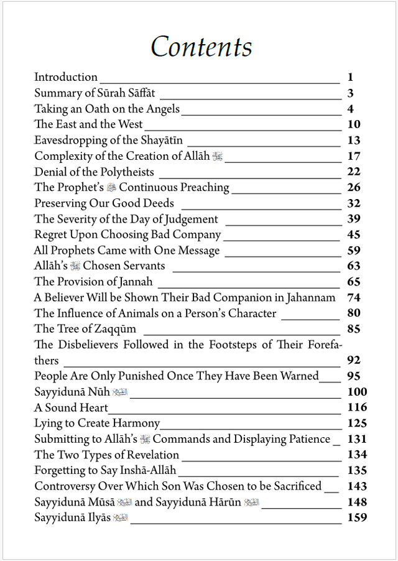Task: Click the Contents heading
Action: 201,47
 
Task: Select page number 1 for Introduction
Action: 351,78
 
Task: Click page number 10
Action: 354,124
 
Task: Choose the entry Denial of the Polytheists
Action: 94,172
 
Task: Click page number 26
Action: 354,187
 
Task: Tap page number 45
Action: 354,234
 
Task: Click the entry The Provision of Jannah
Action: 85,282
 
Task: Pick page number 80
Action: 354,313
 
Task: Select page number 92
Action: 354,360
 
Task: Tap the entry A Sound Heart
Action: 71,407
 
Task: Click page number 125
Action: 357,424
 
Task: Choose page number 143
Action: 357,486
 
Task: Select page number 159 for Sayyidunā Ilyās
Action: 357,517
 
